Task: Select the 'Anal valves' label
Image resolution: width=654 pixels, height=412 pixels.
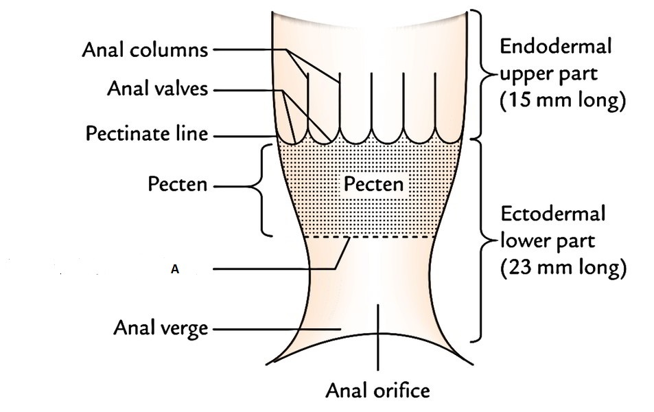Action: (x=157, y=90)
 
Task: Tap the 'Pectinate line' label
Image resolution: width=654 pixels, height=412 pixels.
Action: (x=146, y=134)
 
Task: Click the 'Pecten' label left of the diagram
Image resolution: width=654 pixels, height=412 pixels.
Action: (x=177, y=185)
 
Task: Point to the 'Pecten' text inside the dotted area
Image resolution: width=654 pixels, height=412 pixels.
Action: (x=374, y=184)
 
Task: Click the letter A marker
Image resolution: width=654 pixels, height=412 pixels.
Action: (x=175, y=271)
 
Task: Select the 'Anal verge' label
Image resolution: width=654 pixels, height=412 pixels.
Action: (x=161, y=328)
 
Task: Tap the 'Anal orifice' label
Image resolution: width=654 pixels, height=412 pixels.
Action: (x=377, y=391)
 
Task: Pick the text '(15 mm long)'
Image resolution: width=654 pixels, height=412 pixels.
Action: (x=563, y=100)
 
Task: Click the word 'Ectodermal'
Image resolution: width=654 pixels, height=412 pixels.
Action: (x=552, y=214)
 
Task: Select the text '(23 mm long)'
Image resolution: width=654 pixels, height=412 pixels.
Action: (x=563, y=268)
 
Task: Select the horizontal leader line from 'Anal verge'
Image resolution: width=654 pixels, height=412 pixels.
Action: (x=275, y=330)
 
